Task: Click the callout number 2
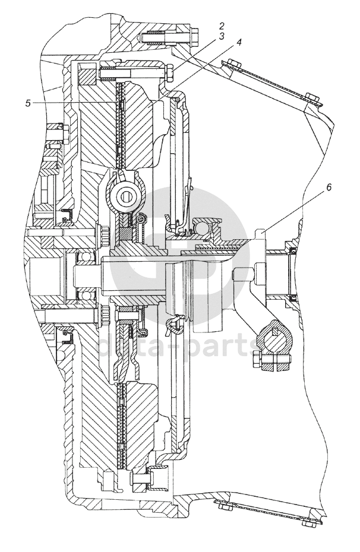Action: coord(221,26)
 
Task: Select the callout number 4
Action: coord(239,42)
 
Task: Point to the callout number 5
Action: coord(28,103)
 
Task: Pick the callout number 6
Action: coord(329,188)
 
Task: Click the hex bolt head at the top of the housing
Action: coord(193,36)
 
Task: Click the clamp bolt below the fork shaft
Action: coord(272,361)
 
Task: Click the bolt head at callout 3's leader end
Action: coord(168,73)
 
